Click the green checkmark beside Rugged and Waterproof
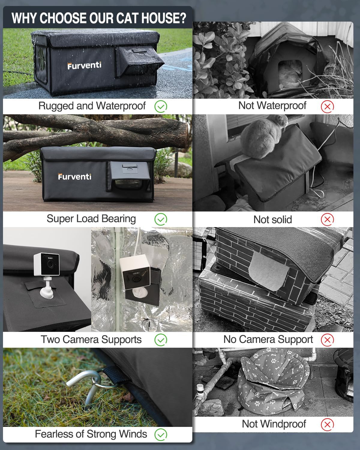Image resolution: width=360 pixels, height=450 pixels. [x=161, y=106]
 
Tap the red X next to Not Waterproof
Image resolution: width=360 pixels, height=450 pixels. [x=327, y=106]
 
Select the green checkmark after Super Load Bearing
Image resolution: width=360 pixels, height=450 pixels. [x=161, y=219]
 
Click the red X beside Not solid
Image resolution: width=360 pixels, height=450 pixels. [x=327, y=219]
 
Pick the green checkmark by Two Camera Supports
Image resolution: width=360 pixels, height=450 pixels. [x=161, y=340]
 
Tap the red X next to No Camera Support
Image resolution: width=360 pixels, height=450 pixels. [x=327, y=340]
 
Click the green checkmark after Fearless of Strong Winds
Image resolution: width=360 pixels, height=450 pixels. [x=161, y=434]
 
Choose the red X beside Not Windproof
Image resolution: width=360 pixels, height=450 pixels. [x=327, y=424]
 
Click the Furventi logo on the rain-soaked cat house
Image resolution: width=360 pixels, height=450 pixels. [x=84, y=65]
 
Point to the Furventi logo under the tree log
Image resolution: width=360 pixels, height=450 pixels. [x=75, y=176]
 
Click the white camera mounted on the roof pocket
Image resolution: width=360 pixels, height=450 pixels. [x=46, y=267]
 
